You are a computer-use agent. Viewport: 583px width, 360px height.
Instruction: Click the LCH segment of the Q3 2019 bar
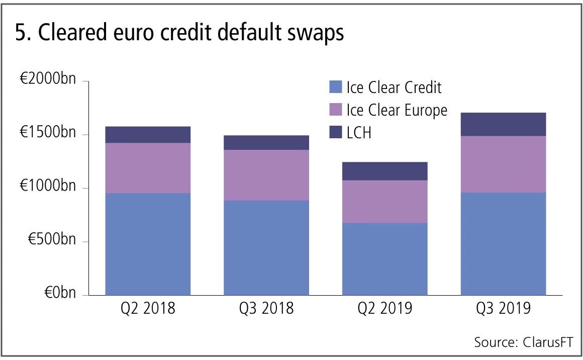pyautogui.click(x=503, y=124)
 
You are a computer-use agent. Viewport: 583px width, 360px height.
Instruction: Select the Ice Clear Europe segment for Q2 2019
pyautogui.click(x=384, y=202)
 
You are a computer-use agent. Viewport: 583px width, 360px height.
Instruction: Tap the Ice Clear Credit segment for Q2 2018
pyautogui.click(x=148, y=244)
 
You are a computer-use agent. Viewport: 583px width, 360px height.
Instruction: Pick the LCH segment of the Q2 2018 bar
pyautogui.click(x=148, y=135)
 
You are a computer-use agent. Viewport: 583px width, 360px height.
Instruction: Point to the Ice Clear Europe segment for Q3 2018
pyautogui.click(x=266, y=175)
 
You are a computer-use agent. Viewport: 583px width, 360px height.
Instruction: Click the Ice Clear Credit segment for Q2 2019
pyautogui.click(x=384, y=258)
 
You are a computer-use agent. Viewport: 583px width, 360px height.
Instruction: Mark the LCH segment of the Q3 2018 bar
pyautogui.click(x=266, y=143)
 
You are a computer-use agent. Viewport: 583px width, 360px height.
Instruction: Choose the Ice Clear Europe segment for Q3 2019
pyautogui.click(x=503, y=164)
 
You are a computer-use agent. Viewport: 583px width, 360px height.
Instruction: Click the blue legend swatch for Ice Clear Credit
pyautogui.click(x=335, y=87)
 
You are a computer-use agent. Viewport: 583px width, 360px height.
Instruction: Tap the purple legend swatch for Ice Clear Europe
pyautogui.click(x=335, y=110)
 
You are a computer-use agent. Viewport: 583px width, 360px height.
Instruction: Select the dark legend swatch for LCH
pyautogui.click(x=335, y=132)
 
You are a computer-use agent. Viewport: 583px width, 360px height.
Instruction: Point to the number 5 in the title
pyautogui.click(x=21, y=33)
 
